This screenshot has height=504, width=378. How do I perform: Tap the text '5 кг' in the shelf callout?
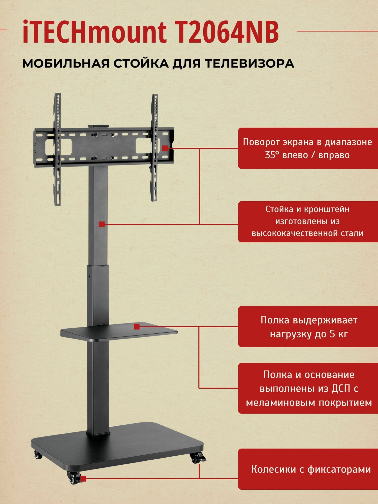tap(339, 334)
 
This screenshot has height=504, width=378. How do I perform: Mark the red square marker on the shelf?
tap(137, 327)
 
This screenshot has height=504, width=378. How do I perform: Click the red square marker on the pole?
tap(102, 224)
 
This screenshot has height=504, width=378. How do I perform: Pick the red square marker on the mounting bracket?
tap(165, 148)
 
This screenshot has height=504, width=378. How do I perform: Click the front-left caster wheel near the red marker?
tap(72, 478)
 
